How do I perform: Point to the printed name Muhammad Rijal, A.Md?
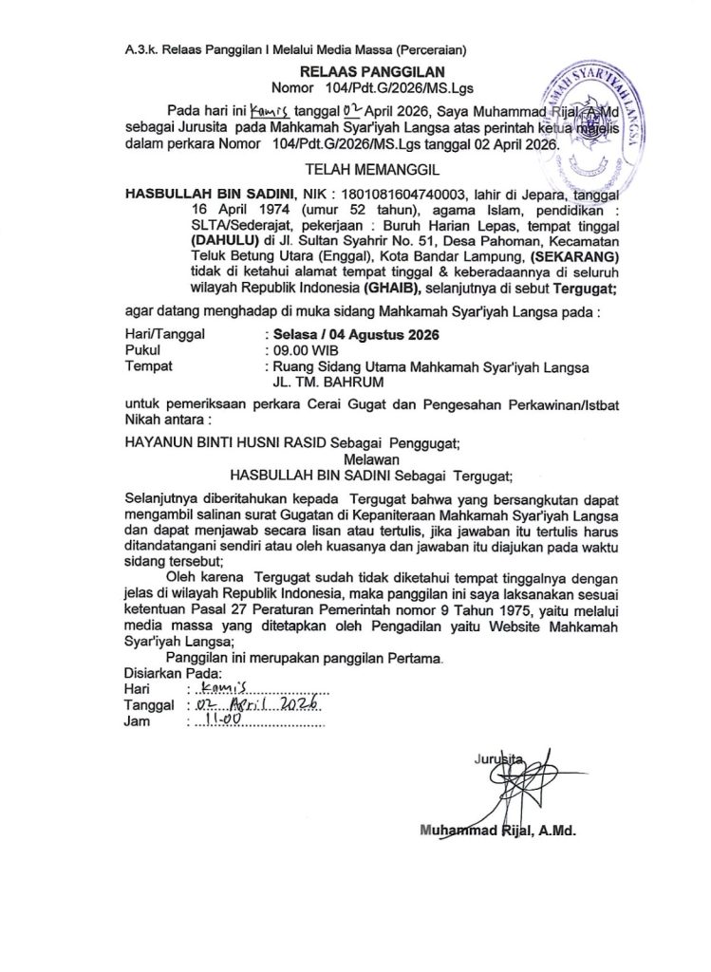[x=498, y=830]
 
